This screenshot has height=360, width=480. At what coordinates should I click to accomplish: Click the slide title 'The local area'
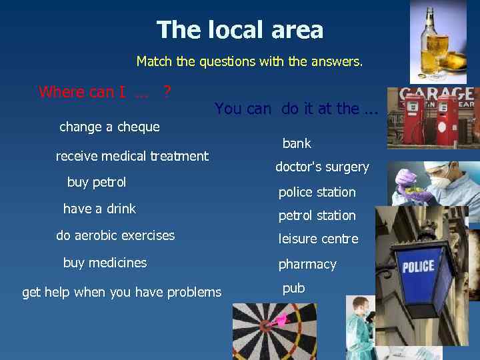[240, 30]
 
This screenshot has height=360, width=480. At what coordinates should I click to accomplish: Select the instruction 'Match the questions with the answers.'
[249, 62]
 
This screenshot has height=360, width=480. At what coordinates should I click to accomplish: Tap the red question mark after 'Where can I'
[168, 91]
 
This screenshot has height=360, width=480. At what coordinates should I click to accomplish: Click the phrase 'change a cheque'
[109, 127]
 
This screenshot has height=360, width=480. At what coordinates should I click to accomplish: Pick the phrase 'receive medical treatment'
[132, 156]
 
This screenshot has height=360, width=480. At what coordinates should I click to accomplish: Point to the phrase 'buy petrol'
[97, 182]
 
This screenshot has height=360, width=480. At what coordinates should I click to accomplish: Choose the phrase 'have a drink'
[99, 209]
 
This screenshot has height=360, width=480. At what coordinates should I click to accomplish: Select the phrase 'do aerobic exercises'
[115, 235]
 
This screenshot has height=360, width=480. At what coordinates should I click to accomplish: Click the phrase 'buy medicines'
[105, 263]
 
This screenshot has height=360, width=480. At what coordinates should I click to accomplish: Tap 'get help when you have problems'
[121, 292]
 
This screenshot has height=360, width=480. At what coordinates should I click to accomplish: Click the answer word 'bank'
[297, 143]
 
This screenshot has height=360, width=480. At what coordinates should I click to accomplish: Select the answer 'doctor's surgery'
[322, 167]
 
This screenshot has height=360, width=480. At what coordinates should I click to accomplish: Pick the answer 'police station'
[317, 192]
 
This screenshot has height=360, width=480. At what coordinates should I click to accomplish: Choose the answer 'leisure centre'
[318, 239]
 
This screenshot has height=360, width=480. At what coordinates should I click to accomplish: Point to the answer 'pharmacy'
[307, 265]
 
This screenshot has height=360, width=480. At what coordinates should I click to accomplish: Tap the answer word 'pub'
[293, 289]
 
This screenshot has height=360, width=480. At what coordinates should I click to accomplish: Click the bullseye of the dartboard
[266, 326]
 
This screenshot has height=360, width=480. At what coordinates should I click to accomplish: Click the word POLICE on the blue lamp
[418, 267]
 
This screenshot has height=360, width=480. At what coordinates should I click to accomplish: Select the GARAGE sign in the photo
[436, 95]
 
